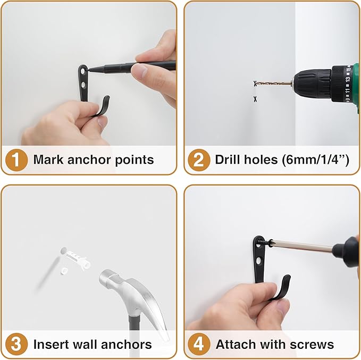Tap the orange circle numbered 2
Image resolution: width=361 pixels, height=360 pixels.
click(198, 160)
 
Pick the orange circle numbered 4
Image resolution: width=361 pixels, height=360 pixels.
click(198, 344)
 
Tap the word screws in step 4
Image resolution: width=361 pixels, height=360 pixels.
click(314, 344)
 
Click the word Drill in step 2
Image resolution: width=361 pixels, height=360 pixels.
click(228, 160)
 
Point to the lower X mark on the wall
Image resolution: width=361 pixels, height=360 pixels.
click(256, 99)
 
